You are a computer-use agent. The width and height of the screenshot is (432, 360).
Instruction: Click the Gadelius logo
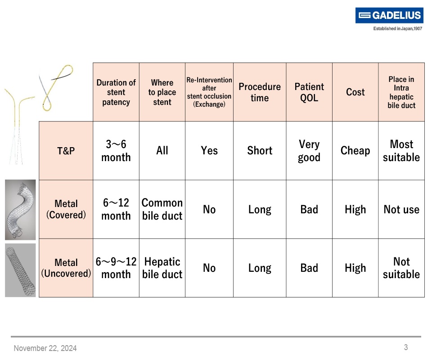tap(389, 16)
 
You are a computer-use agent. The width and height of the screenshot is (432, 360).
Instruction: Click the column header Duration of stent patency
tap(116, 92)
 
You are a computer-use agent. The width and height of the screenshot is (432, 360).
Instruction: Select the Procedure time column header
tap(260, 92)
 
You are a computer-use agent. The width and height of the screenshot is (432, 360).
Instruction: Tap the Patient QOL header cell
tap(309, 92)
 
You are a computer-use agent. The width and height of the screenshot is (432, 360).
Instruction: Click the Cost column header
tap(355, 92)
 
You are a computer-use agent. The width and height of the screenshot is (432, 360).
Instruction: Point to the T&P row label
tap(66, 151)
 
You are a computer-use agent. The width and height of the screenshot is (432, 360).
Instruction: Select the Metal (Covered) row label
tap(66, 209)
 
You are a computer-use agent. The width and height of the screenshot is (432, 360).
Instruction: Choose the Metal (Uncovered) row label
tap(66, 268)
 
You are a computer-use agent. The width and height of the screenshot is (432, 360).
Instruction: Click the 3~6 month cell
tap(116, 151)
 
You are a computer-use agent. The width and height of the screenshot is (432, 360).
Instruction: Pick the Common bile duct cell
tap(162, 209)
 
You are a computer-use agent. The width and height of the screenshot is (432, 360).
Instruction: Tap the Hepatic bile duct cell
tap(162, 268)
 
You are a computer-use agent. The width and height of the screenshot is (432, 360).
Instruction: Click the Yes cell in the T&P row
tap(209, 151)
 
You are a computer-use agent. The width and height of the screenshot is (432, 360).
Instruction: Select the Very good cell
tap(309, 151)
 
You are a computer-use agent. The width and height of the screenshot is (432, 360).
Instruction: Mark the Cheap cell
tap(355, 151)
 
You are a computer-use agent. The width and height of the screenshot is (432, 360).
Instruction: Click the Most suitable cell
tap(401, 151)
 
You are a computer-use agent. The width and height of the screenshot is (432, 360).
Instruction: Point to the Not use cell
tap(401, 209)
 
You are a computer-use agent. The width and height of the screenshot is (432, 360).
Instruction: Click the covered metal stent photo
tap(20, 209)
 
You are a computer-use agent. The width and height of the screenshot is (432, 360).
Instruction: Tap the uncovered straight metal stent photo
tap(20, 270)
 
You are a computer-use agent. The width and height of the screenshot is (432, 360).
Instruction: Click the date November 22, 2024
tap(45, 348)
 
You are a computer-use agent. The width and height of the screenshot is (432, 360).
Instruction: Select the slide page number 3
tap(405, 347)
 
